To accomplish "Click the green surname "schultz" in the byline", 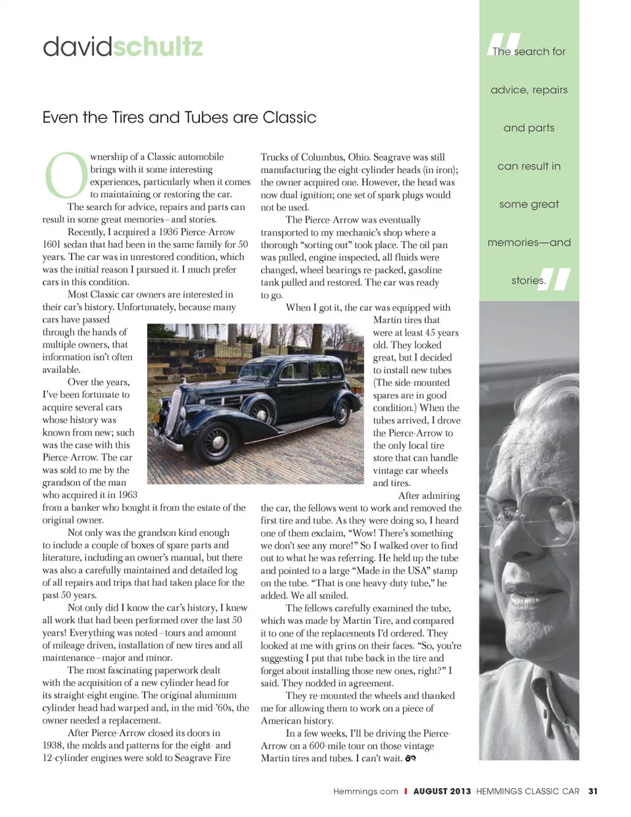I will tap(158, 47).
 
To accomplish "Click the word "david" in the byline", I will tap(78, 47).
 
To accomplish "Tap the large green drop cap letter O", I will tap(65, 175).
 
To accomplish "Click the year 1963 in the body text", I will tap(128, 495).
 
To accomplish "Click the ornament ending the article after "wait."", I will tap(411, 759).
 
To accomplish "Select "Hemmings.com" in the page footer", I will tap(365, 791).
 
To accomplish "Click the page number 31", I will tap(593, 791).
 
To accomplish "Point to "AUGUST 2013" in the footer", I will tap(442, 791).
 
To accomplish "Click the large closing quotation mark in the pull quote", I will tap(555, 279).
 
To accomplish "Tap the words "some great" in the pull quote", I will tap(528, 204).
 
